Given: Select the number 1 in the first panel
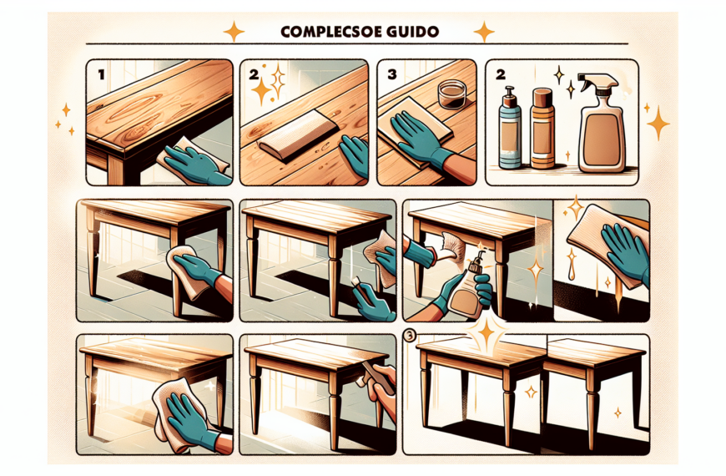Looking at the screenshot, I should (x=101, y=73).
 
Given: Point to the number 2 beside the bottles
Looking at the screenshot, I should (x=501, y=73).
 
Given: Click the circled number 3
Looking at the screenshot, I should (x=408, y=337).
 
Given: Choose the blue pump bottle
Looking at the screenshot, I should (x=512, y=129).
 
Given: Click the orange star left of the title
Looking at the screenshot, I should (x=234, y=32).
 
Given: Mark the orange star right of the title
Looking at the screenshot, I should (x=484, y=32).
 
